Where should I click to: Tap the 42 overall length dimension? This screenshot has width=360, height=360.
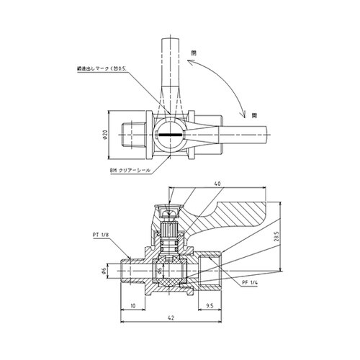click(x=170, y=318)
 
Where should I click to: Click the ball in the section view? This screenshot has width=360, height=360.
click(x=170, y=273)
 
